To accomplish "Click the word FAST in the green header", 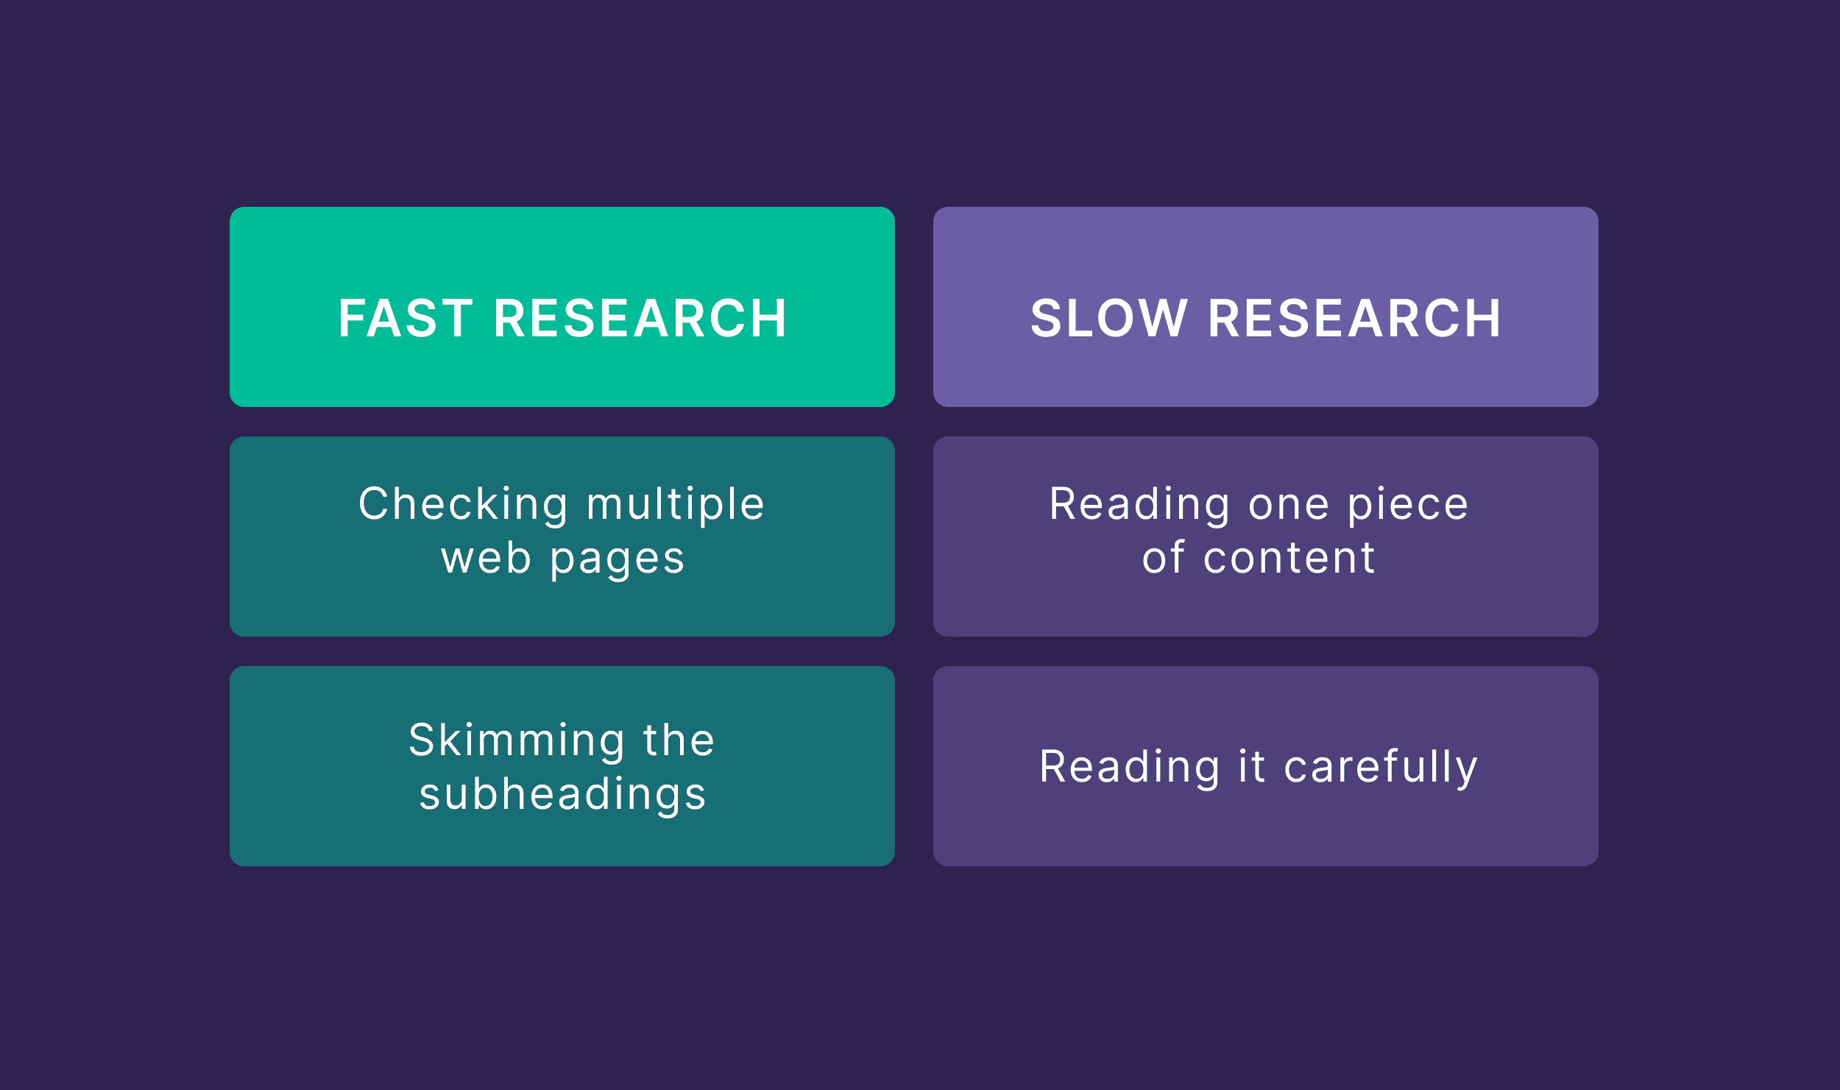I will [x=406, y=319].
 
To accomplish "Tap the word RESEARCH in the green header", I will [x=640, y=319].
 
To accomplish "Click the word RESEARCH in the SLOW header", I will [x=1354, y=319].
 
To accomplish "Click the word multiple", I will [x=676, y=506].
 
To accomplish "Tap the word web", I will [x=486, y=559].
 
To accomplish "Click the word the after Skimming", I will [x=679, y=740].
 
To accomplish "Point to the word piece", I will [x=1408, y=506].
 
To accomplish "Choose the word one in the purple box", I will [x=1289, y=506].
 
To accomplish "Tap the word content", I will [x=1289, y=559].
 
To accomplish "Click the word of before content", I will [x=1164, y=559].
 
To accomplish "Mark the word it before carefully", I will [x=1252, y=767].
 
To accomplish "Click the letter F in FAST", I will [x=351, y=319].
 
